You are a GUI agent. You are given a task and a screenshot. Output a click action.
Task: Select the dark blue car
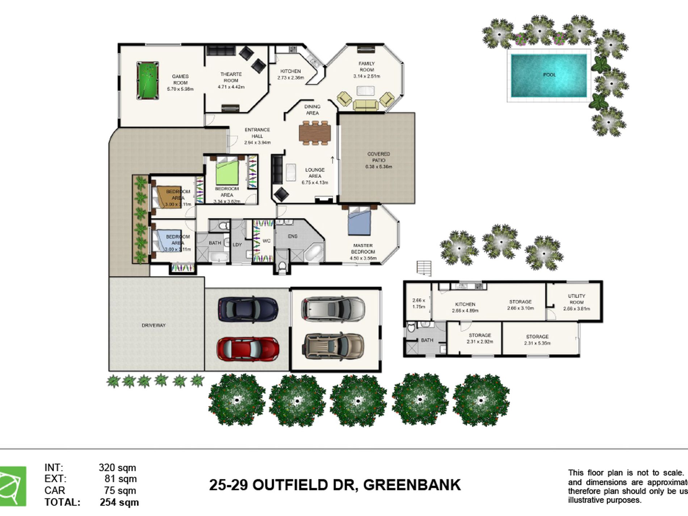[248, 309]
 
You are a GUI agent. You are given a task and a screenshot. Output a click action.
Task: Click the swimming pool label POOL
[549, 75]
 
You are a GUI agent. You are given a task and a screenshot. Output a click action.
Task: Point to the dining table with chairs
[315, 133]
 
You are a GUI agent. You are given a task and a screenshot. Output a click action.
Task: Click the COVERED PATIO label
[378, 157]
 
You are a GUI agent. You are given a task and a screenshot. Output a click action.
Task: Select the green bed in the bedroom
[227, 172]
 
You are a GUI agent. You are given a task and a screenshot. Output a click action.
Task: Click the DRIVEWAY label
[154, 325]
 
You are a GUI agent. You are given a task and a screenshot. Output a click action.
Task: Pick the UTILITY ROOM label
[576, 299]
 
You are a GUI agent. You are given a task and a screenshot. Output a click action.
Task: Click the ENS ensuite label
[293, 236]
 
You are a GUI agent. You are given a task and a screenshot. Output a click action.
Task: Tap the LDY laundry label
[237, 245]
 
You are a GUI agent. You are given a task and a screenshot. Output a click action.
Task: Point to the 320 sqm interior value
[117, 467]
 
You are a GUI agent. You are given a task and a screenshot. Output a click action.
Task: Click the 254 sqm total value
[119, 503]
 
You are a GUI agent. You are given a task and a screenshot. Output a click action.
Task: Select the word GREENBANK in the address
[412, 485]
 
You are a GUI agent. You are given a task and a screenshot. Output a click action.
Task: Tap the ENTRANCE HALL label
[257, 133]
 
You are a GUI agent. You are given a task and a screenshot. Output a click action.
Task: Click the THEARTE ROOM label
[231, 77]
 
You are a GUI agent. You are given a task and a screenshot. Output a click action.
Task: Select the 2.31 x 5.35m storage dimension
[537, 343]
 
